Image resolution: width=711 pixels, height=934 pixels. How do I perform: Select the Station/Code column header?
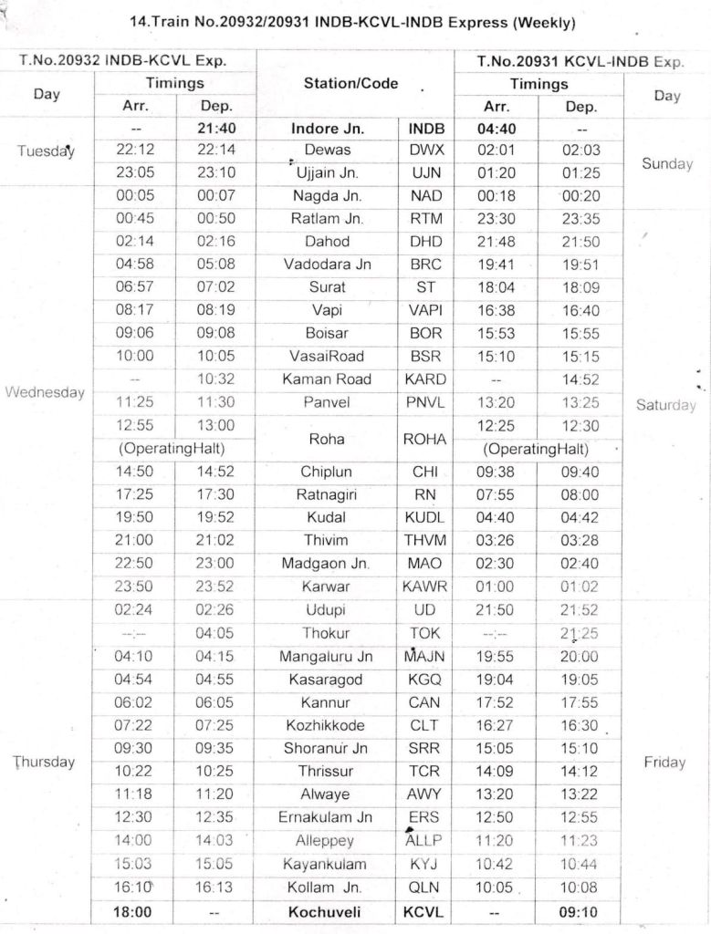350,84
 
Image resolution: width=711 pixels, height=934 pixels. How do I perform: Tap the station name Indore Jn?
327,129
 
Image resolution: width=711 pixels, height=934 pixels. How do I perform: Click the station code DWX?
424,150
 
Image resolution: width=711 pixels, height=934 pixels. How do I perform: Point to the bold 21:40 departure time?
216,129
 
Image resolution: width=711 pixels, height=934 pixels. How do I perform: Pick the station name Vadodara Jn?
327,265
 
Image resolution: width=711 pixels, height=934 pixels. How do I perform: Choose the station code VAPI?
424,310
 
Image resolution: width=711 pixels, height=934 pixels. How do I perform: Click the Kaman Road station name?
327,379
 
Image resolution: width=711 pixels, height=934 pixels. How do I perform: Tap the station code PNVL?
424,402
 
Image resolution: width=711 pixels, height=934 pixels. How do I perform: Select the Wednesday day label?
45,392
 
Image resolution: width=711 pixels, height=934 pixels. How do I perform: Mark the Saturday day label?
665,405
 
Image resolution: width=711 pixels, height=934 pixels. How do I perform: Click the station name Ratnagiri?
327,494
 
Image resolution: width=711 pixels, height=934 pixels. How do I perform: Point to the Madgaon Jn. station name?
327,564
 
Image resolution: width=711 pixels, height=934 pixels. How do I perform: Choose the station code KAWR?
424,586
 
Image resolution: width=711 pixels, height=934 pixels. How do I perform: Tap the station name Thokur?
327,633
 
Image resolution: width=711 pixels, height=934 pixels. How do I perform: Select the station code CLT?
424,725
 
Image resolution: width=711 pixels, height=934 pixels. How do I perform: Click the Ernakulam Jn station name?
327,817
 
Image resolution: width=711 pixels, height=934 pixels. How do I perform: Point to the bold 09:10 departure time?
580,911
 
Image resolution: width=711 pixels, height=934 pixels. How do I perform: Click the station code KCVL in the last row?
424,911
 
